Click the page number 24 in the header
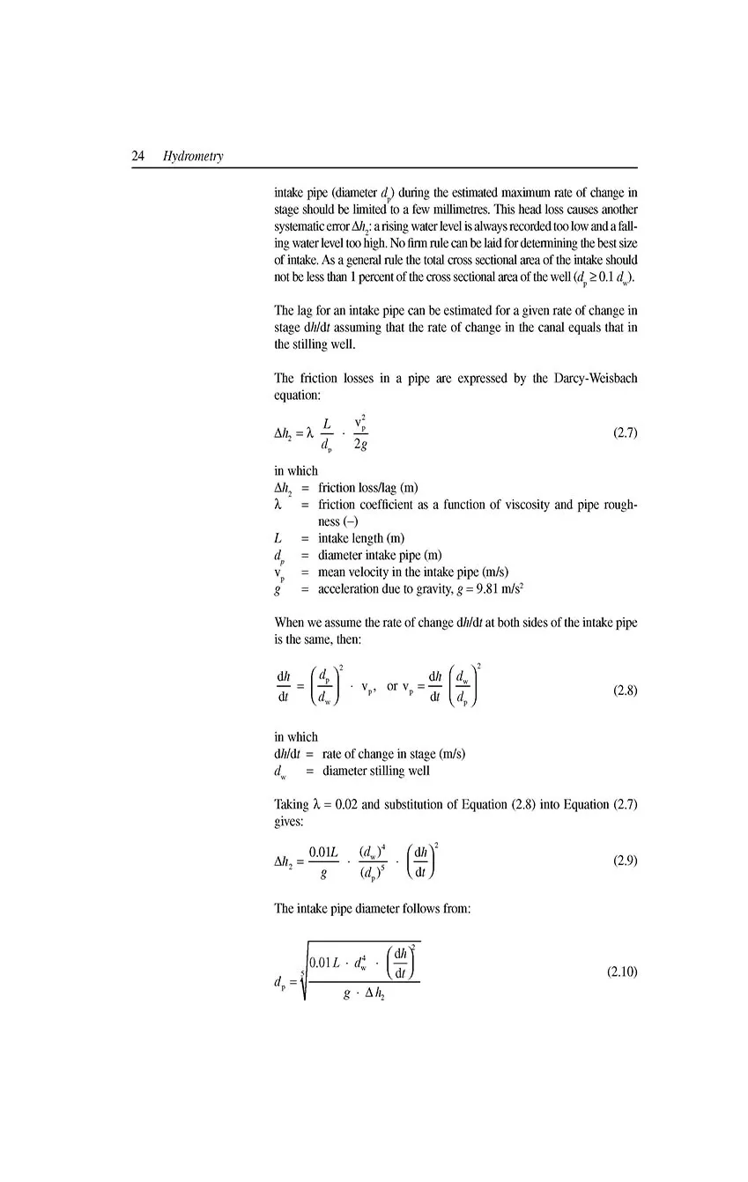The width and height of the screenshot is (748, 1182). [138, 157]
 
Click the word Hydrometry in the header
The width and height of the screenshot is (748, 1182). [193, 157]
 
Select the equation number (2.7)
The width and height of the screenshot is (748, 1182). [624, 432]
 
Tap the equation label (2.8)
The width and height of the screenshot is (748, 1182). [624, 691]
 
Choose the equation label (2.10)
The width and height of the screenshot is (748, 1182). [622, 972]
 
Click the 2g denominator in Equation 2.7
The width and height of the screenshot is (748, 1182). [360, 445]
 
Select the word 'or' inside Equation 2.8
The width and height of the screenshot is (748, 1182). [392, 686]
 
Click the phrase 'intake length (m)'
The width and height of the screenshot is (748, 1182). [361, 538]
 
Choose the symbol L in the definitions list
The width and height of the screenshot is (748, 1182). [278, 538]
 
